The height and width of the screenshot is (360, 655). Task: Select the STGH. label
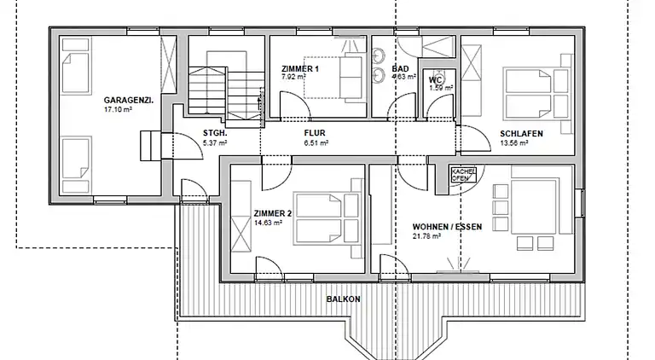214,133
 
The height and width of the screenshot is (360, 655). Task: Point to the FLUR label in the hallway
316,133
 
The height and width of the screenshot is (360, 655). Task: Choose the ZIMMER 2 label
273,213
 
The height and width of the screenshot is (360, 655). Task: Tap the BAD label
400,69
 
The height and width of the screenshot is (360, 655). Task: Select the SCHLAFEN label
519,134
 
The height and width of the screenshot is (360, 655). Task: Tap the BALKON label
343,299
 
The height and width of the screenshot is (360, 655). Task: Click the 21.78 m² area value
426,236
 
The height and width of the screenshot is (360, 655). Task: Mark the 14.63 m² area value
268,224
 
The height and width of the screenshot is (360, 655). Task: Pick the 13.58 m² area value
515,144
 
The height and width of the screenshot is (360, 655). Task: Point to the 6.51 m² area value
316,143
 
